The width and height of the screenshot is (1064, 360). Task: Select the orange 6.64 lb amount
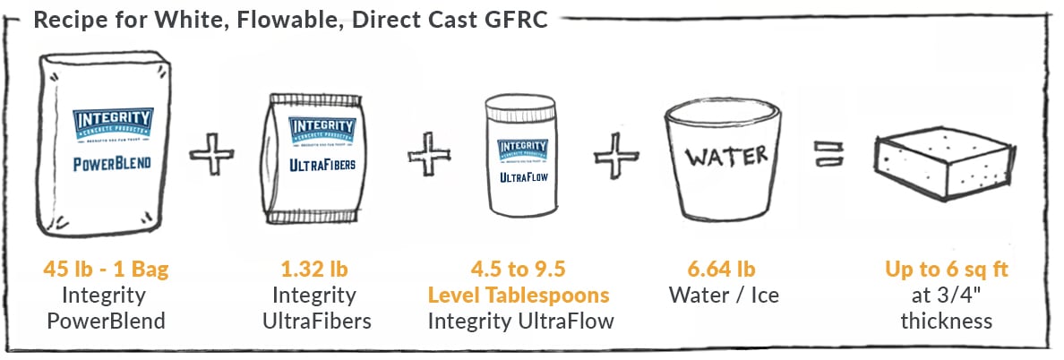[x=714, y=269]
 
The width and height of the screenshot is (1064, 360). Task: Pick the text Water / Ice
[x=714, y=295]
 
